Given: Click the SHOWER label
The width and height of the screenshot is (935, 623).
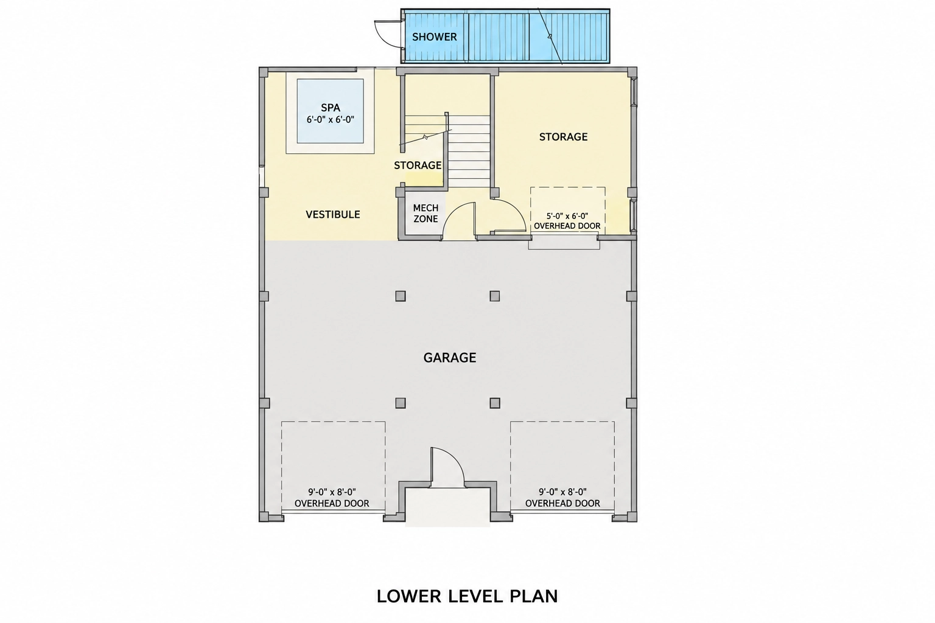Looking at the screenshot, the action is click(434, 37).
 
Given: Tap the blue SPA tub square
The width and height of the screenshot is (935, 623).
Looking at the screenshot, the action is click(330, 111).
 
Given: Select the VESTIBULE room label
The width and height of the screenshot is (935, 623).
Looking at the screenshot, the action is click(333, 215).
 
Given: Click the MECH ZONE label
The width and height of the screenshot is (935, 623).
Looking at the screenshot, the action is click(425, 213).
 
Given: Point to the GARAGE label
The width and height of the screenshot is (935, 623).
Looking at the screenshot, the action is click(450, 358).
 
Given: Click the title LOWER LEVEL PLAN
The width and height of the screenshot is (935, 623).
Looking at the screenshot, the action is click(467, 596).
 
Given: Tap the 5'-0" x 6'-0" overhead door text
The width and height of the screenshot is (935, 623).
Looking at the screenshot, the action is click(567, 221).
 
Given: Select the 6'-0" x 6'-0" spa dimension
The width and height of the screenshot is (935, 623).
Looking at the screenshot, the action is click(330, 120).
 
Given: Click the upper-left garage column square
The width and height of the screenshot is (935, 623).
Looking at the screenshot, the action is click(401, 296).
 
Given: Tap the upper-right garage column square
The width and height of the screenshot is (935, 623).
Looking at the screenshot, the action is click(495, 296).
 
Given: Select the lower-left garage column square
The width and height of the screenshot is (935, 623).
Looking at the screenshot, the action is click(401, 403).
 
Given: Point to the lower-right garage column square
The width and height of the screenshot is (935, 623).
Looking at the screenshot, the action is click(495, 403).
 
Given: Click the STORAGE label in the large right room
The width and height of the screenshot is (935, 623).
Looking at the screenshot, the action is click(563, 137).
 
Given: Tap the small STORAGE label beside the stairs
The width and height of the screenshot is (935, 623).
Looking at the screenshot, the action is click(418, 165).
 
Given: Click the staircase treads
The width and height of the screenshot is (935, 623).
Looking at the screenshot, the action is click(469, 151).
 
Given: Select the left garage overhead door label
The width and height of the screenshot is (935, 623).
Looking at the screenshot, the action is click(332, 498).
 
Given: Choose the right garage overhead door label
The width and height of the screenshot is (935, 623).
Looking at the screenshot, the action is click(562, 498).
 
